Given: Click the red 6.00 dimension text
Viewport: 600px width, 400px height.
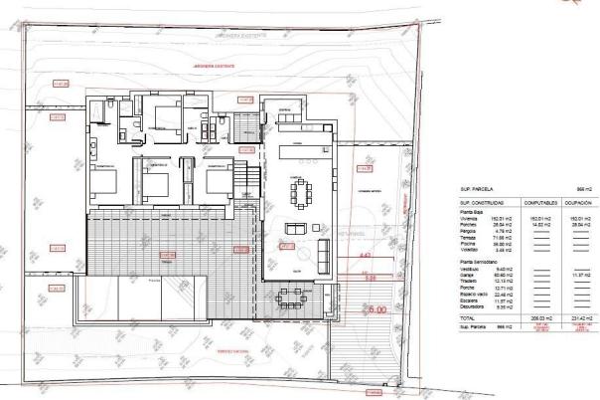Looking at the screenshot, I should point(376,311).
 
